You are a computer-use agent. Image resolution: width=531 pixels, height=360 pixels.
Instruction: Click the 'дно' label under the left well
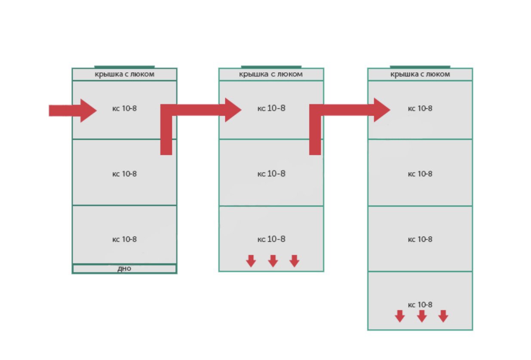(x=124, y=269)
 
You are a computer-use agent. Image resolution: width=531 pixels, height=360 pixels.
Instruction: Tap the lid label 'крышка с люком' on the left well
(x=125, y=74)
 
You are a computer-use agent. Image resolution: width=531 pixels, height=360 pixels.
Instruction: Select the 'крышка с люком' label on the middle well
(x=271, y=74)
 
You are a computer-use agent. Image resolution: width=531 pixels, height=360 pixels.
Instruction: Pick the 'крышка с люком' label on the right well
(x=420, y=74)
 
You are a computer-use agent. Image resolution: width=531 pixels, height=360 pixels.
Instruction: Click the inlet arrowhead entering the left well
(x=88, y=111)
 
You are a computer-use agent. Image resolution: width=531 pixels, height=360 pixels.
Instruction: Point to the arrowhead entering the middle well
(x=233, y=110)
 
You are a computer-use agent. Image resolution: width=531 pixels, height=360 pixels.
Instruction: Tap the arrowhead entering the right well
(x=382, y=110)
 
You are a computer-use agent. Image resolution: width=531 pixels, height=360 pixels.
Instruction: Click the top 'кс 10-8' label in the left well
(x=124, y=108)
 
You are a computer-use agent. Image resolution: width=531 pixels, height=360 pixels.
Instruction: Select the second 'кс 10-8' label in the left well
(x=124, y=174)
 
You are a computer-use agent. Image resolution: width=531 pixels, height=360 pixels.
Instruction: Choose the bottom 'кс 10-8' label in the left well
(x=124, y=239)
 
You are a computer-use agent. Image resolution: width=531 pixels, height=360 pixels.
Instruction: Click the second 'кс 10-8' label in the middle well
(x=271, y=174)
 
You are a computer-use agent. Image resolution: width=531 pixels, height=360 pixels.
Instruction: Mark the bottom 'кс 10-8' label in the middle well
(x=271, y=239)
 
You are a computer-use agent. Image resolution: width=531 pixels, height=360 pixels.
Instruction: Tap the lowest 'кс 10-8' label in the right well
(x=420, y=305)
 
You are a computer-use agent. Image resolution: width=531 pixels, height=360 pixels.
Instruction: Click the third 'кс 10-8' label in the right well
(x=420, y=239)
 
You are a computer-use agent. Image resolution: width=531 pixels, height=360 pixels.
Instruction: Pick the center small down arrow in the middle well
(x=273, y=261)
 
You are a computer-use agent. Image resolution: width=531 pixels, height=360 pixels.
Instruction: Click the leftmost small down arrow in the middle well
(x=251, y=261)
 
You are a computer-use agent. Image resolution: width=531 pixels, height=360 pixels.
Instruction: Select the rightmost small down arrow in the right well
(x=443, y=316)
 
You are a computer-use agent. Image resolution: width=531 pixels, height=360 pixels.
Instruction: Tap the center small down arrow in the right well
(x=422, y=316)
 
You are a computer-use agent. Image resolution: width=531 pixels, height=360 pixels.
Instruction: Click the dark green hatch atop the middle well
(x=271, y=67)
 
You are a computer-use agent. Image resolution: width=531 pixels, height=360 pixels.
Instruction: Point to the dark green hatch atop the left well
(x=124, y=67)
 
